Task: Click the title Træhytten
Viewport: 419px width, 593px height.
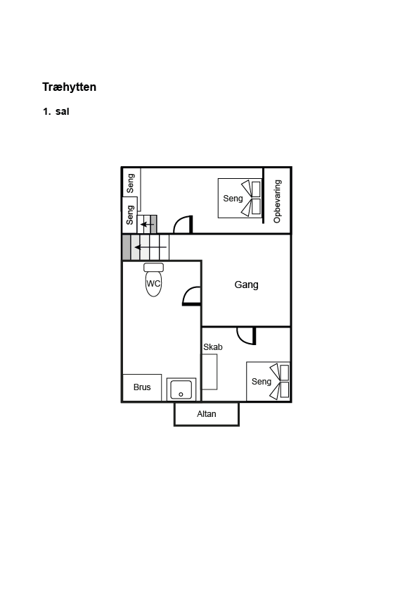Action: pos(69,87)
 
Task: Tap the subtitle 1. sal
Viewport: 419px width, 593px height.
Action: pos(56,111)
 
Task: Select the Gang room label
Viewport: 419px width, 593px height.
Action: pos(246,285)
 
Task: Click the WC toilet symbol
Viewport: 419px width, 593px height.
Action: pos(153,280)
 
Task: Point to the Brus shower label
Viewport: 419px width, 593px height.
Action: pos(142,387)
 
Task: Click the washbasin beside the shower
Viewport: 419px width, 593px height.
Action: pos(181,389)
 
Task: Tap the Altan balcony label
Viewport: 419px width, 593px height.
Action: pos(207,414)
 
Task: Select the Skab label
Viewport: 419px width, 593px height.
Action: pos(213,347)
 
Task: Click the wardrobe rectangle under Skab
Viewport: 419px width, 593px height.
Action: pos(209,372)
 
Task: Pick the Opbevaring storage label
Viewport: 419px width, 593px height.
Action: pos(278,201)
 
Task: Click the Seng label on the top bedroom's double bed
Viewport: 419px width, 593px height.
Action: pos(233,198)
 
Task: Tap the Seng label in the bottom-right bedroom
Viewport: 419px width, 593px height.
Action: pos(262,382)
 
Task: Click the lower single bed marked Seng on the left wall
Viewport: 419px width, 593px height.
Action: pos(129,215)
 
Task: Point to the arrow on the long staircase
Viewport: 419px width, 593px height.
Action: pos(150,247)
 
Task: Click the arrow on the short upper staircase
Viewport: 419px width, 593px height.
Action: pos(147,225)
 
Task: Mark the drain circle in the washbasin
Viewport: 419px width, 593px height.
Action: pos(181,394)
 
